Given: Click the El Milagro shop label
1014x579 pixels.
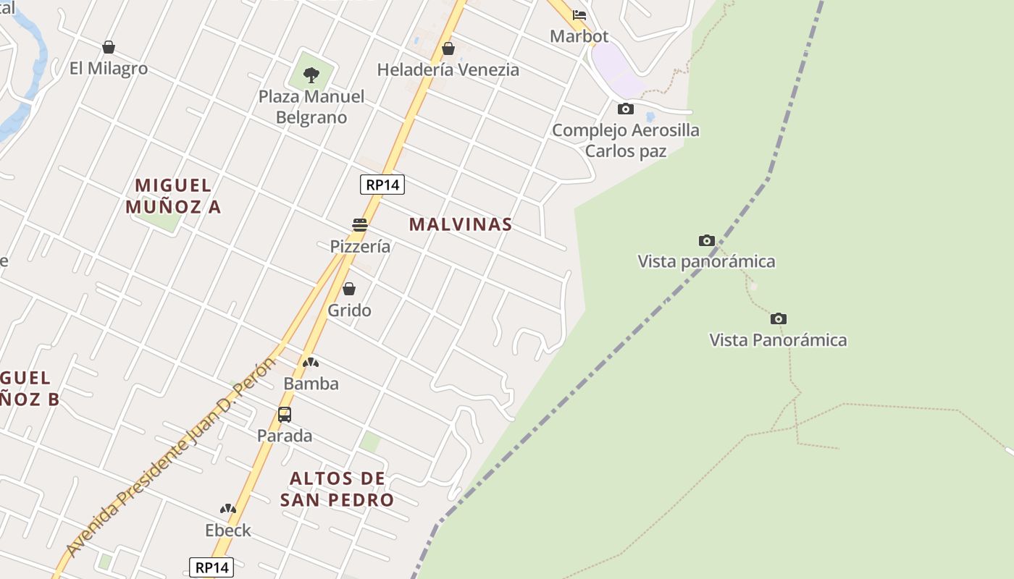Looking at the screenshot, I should [x=109, y=69].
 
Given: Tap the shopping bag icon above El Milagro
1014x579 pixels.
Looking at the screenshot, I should [x=109, y=48].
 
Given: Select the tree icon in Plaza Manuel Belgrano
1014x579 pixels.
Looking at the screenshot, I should [x=311, y=75].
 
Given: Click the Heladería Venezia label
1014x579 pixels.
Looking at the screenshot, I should [x=448, y=69].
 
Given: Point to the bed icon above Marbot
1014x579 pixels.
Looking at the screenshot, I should [x=579, y=14].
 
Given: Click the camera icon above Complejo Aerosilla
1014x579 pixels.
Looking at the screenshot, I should [x=626, y=109].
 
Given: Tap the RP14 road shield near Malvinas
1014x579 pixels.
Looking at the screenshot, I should [x=382, y=185].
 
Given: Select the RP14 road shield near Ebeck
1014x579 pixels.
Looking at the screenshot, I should [x=211, y=567].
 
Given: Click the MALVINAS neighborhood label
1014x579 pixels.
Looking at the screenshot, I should [x=461, y=224].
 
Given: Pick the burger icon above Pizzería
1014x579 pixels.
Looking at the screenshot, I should [x=360, y=225].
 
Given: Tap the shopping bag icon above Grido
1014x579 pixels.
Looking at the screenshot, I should [x=349, y=289].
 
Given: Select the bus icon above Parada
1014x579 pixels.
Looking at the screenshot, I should [x=285, y=415].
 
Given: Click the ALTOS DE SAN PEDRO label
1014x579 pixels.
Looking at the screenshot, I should [x=337, y=489].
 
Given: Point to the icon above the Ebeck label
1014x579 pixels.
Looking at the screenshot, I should [x=228, y=510].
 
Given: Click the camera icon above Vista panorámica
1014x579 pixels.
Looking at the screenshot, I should [x=707, y=241].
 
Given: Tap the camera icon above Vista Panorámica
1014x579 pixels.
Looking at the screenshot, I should [x=779, y=319].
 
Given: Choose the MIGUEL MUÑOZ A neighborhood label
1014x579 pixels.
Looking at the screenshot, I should [x=173, y=196].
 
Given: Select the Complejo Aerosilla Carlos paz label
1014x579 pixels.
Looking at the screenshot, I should [x=626, y=140].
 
